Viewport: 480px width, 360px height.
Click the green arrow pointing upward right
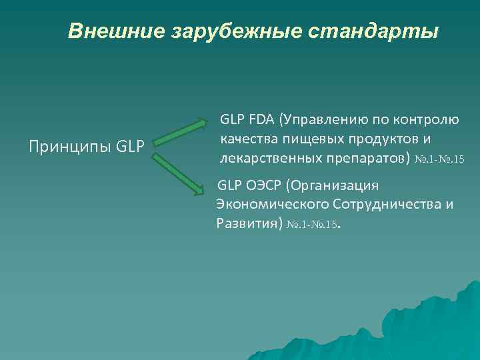click(181, 131)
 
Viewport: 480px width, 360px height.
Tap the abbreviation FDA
click(262, 120)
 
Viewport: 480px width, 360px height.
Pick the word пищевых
click(306, 139)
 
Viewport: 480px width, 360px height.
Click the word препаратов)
click(365, 159)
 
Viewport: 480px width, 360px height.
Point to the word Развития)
click(248, 223)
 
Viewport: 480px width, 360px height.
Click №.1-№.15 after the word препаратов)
click(439, 160)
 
